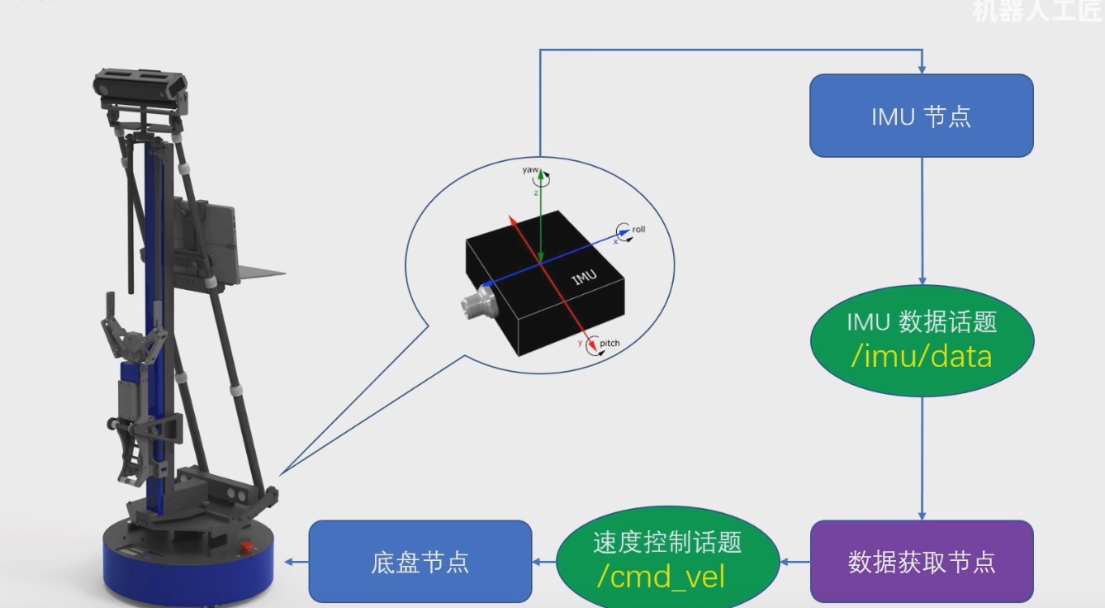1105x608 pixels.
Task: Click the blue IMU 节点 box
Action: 921,116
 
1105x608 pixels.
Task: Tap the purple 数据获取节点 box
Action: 921,562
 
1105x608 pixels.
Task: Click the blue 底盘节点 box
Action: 420,562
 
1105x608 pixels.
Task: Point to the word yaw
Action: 529,169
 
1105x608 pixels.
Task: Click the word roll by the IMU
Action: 638,229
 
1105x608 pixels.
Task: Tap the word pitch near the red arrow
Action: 609,343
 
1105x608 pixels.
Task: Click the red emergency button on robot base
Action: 246,546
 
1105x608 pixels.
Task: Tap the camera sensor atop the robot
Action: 140,84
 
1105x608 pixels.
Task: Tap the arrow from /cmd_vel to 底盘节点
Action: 544,562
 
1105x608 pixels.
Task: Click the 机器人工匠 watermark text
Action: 1036,11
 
